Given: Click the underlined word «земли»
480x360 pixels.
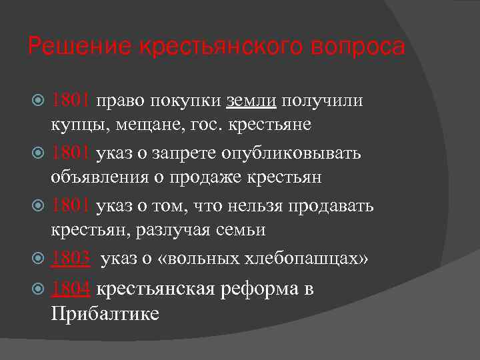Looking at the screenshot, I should [x=251, y=100].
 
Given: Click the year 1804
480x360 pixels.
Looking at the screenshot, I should [x=71, y=289].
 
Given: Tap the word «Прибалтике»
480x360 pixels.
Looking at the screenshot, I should [x=105, y=313].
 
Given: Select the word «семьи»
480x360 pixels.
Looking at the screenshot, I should [x=247, y=230].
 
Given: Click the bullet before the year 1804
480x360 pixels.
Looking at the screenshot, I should [x=39, y=290].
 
